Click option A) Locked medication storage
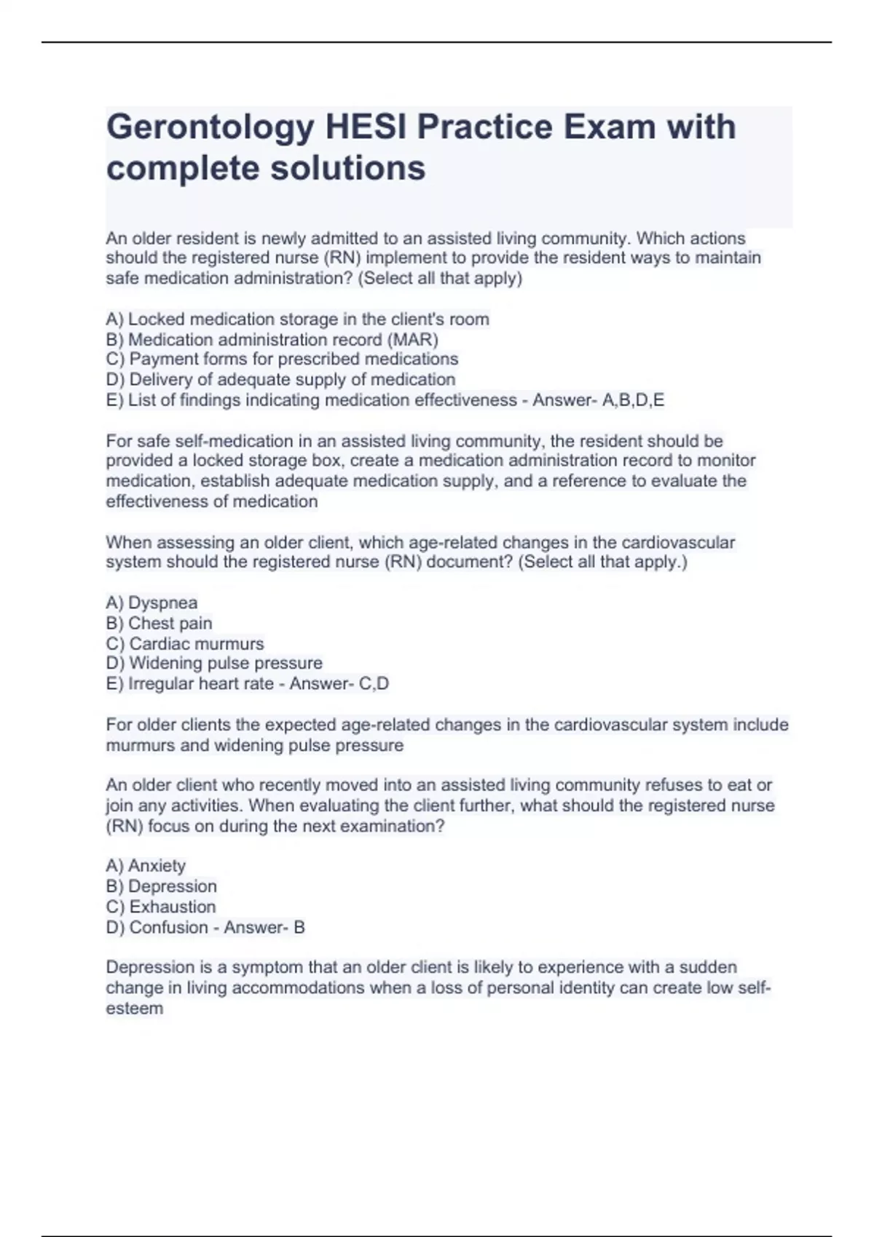[x=297, y=319]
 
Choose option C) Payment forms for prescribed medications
[x=282, y=359]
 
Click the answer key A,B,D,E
[x=633, y=400]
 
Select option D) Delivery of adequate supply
[x=280, y=380]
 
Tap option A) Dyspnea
[x=151, y=603]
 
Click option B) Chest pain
[x=159, y=624]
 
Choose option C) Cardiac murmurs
[x=185, y=644]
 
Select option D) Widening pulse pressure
[x=214, y=664]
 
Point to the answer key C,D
[x=374, y=684]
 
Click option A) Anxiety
[x=146, y=866]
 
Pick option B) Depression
[x=161, y=886]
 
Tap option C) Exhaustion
[x=161, y=907]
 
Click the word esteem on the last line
[x=135, y=1009]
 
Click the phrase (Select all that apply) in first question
[x=440, y=279]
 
